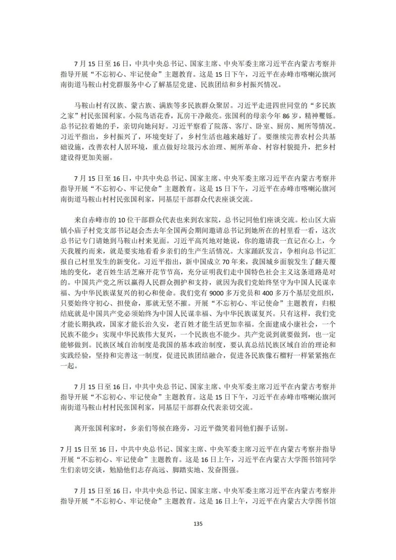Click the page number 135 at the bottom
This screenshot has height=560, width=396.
pos(198,524)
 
